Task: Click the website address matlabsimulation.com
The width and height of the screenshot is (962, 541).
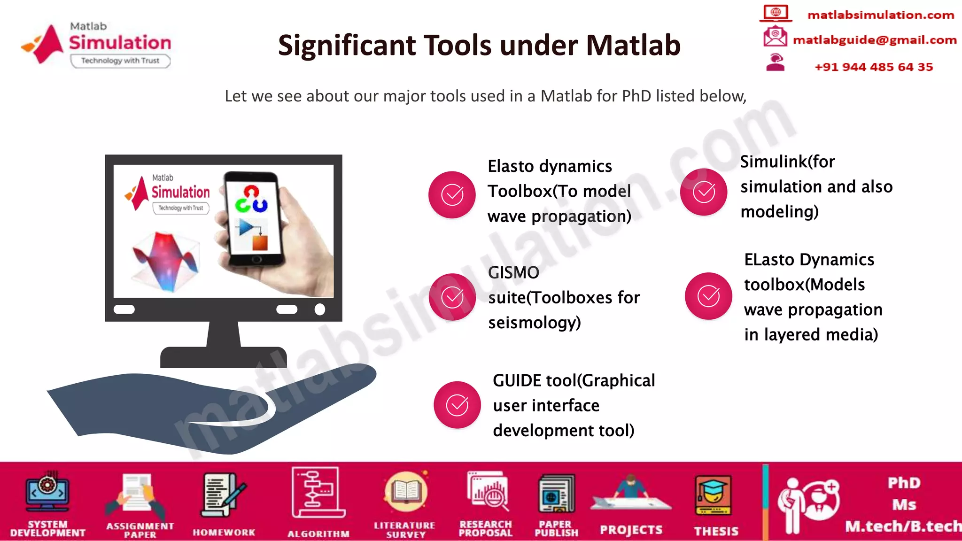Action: pos(880,15)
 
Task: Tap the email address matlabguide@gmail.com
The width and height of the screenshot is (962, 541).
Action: pos(874,40)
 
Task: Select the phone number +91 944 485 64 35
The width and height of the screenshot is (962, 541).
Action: pos(873,67)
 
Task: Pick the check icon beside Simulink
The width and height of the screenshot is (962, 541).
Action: pos(704,192)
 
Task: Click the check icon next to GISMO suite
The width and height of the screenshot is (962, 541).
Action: pos(452,297)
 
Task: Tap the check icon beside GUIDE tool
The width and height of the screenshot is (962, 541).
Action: pos(457,405)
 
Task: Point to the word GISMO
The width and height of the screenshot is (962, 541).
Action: pos(513,272)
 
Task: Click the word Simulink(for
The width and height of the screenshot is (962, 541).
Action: pos(787,162)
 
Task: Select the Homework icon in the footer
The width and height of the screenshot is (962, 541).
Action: pos(223,495)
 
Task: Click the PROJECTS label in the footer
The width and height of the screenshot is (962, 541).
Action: pos(631,530)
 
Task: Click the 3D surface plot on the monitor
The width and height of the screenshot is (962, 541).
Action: pos(166,261)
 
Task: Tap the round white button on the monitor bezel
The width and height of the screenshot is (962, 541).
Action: pos(319,309)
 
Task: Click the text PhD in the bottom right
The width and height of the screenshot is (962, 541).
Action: pos(904,483)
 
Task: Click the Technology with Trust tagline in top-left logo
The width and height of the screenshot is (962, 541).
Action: pos(120,61)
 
